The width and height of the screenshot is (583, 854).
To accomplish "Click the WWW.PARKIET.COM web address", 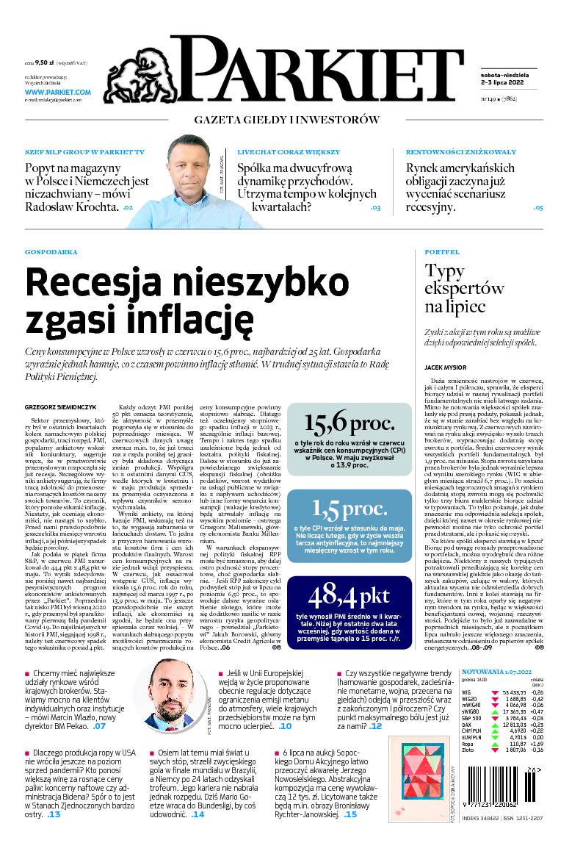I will pyautogui.click(x=57, y=92).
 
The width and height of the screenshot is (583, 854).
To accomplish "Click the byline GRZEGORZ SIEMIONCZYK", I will pyautogui.click(x=60, y=405).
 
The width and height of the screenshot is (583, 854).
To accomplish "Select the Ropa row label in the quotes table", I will pyautogui.click(x=468, y=743).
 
